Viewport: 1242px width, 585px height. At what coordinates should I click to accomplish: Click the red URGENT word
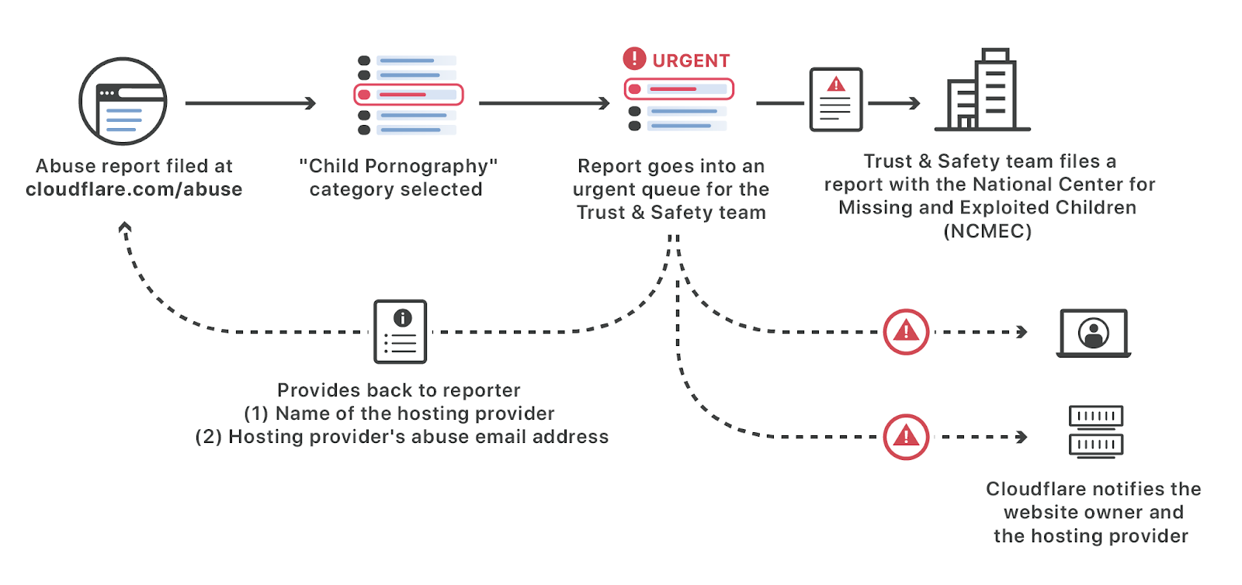691,61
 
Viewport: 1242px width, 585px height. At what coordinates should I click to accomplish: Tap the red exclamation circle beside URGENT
634,58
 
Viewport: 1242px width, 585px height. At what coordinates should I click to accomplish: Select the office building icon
983,90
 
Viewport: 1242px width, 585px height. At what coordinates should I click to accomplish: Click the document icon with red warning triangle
836,100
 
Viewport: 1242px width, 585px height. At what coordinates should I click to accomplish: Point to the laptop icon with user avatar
1094,333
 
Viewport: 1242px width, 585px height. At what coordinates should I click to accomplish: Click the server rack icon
1096,432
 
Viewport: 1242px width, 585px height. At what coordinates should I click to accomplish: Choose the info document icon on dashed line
401,332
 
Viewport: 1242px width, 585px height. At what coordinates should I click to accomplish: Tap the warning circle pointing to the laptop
906,332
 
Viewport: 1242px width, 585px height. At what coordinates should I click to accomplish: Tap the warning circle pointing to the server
906,437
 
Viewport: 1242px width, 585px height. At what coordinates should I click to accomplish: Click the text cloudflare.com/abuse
134,189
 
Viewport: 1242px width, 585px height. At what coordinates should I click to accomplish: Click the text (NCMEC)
987,231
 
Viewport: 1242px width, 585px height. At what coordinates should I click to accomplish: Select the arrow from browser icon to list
251,103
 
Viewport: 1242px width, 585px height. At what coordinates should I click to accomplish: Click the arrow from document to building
893,103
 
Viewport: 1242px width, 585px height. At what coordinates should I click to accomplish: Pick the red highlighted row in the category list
408,95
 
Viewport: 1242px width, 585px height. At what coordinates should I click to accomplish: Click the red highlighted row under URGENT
679,89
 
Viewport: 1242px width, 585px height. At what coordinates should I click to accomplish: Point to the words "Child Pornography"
398,166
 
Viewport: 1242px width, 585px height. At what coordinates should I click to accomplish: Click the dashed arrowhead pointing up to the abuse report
125,227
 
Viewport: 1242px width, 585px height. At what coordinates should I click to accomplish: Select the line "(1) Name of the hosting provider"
399,414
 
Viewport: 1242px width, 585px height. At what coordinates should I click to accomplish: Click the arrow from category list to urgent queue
544,103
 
